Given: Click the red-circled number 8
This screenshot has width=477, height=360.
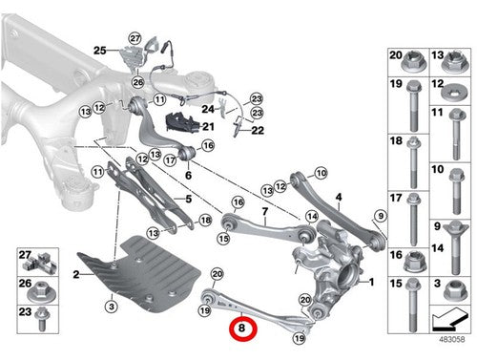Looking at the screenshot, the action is tap(243, 328).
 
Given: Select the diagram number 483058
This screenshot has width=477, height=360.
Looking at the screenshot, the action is tap(451, 339).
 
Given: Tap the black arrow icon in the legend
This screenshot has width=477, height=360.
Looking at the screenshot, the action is tap(450, 320).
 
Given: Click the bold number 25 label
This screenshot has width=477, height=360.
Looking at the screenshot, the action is tap(100, 51).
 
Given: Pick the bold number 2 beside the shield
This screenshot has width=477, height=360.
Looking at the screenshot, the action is tap(76, 274).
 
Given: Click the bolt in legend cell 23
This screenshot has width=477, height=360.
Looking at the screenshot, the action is tap(42, 320).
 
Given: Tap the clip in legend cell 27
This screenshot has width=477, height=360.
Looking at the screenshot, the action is tap(44, 264).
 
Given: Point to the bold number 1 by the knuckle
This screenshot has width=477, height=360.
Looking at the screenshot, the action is tap(371, 282).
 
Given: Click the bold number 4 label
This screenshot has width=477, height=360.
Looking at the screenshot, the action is tap(339, 198).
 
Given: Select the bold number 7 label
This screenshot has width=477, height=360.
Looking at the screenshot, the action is tap(265, 211).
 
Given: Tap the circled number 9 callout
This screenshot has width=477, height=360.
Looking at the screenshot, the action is tap(381, 216).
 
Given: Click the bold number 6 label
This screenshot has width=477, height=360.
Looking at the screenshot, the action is tap(188, 175).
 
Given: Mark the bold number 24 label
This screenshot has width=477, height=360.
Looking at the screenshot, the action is tap(208, 109).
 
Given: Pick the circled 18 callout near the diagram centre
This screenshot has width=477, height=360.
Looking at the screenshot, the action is tap(205, 220).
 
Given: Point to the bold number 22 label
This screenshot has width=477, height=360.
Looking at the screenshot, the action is tap(258, 130).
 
